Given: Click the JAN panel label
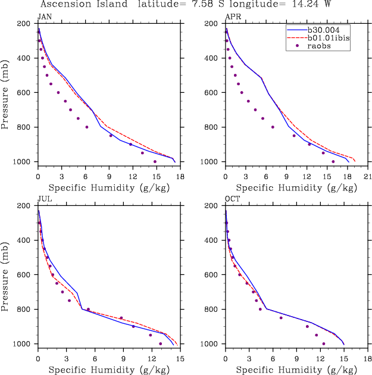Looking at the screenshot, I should (43, 17).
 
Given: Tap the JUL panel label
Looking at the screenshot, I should (43, 199).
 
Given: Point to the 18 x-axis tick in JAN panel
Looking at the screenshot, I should (180, 177).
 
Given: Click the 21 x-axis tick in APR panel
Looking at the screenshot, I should (367, 177).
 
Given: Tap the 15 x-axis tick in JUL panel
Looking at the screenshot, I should (180, 359).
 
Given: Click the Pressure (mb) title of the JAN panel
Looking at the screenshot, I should (7, 93).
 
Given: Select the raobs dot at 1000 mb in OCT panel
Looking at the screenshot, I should (323, 343).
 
